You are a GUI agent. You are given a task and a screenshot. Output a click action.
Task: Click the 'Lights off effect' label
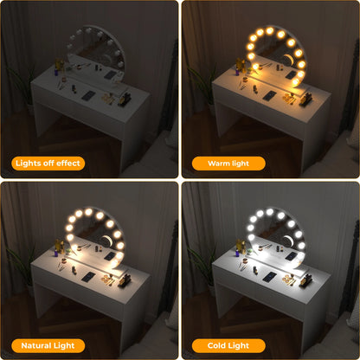49,162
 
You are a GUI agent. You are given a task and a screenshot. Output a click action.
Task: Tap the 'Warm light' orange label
228,162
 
